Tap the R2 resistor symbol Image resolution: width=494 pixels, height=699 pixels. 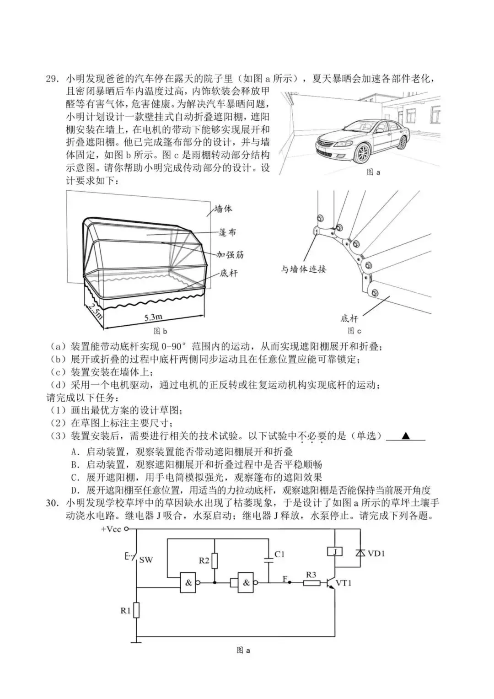click(x=215, y=561)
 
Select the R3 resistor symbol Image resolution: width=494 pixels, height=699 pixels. click(x=311, y=583)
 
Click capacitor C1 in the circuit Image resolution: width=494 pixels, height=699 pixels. click(x=268, y=559)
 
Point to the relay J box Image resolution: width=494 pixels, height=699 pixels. click(x=334, y=552)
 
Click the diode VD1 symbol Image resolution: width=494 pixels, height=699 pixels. click(x=360, y=553)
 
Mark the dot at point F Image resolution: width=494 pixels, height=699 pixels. click(x=290, y=583)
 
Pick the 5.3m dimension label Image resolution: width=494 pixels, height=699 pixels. click(x=153, y=317)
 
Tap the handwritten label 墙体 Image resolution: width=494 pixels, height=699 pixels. click(x=223, y=209)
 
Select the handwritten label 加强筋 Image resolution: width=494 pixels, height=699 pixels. click(x=230, y=254)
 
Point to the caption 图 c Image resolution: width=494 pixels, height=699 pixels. click(x=354, y=330)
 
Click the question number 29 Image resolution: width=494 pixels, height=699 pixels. click(x=52, y=78)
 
